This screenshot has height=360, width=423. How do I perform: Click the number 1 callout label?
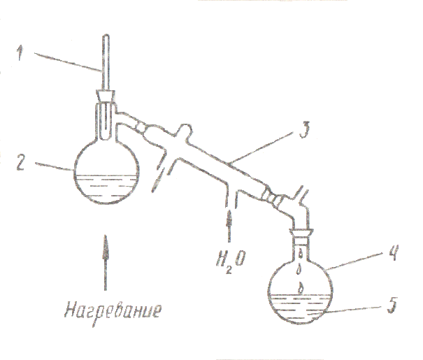(20, 53)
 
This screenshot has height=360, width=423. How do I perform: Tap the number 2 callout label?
(21, 162)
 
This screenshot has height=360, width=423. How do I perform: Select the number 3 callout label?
(305, 130)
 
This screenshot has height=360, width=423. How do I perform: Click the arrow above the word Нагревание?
(106, 262)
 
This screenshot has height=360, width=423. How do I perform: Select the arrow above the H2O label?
(229, 226)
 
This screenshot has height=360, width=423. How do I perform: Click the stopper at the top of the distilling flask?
(106, 96)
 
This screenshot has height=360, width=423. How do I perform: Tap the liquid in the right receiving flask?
(300, 308)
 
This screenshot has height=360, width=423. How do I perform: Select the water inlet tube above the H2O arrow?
(230, 199)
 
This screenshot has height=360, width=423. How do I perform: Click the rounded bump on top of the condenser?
(185, 129)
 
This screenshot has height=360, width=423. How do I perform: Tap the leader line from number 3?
(261, 147)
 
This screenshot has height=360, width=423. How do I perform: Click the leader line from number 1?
(69, 62)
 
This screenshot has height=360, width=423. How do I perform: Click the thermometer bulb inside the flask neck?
(106, 127)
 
